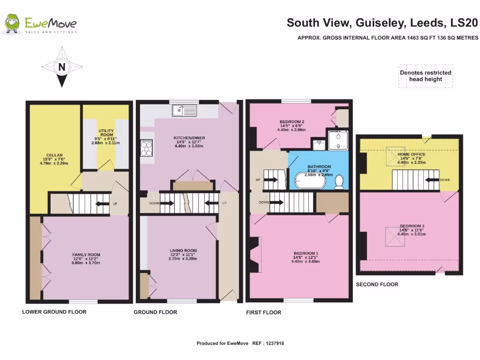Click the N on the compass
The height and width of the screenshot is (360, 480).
[x=61, y=67]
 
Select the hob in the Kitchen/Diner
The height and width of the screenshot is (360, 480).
[x=146, y=148]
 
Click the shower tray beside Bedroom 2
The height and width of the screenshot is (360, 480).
[x=338, y=140]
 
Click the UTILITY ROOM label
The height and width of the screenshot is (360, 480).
[x=105, y=133]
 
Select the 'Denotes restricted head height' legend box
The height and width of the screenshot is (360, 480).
[x=425, y=76]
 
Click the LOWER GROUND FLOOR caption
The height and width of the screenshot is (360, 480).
[x=54, y=312]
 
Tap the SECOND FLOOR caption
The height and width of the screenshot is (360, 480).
[x=377, y=284]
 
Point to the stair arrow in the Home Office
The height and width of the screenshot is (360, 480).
[x=432, y=179]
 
